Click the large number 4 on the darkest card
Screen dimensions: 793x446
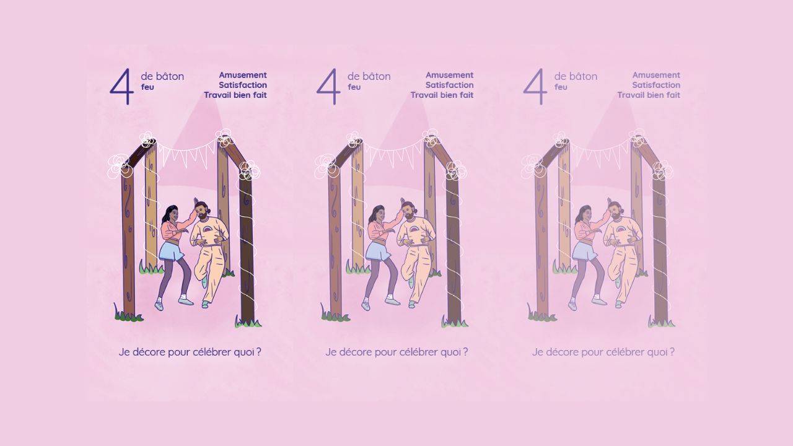(123, 86)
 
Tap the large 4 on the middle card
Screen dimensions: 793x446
(329, 86)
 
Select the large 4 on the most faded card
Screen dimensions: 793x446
(536, 86)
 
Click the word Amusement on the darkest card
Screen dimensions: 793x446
(243, 75)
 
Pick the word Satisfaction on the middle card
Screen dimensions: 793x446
(450, 85)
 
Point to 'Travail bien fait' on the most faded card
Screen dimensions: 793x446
(649, 95)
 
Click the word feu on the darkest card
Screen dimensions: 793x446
(147, 87)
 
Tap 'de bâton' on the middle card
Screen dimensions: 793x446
(369, 76)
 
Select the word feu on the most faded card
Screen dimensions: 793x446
(561, 87)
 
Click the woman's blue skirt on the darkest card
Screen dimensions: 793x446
(170, 251)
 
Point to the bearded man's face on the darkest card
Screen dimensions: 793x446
(202, 212)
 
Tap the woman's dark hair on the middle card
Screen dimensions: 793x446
(376, 214)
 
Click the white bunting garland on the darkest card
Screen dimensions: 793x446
(185, 153)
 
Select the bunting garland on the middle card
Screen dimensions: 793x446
(392, 153)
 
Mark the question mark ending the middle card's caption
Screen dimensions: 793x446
(465, 352)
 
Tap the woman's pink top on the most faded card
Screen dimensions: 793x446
(587, 229)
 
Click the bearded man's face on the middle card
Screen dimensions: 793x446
(408, 212)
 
